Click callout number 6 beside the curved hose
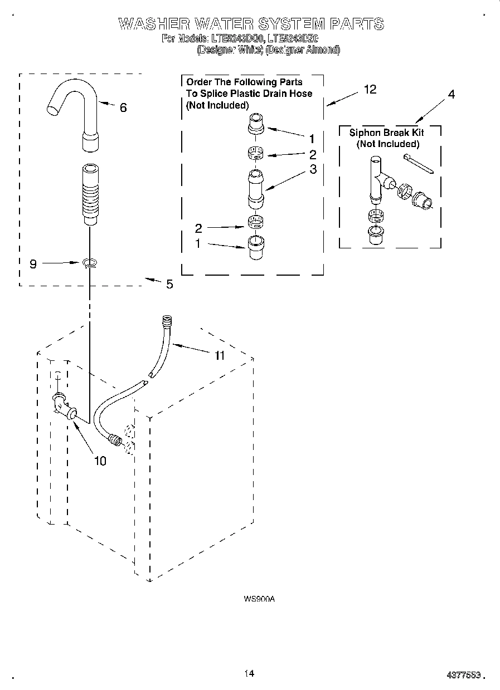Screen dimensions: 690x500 [123, 108]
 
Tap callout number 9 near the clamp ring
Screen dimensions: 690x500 [33, 264]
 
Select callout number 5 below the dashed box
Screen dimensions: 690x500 [169, 285]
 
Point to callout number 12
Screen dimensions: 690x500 [370, 89]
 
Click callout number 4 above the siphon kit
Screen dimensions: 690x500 [451, 95]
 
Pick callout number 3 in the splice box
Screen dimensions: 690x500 [313, 169]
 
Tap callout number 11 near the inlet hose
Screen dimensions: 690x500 [220, 355]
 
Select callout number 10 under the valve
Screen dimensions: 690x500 [100, 461]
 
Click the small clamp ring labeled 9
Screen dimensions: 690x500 [89, 262]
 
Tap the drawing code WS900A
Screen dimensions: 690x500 [259, 599]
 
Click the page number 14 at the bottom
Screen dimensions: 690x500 [249, 673]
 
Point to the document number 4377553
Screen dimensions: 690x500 [464, 674]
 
